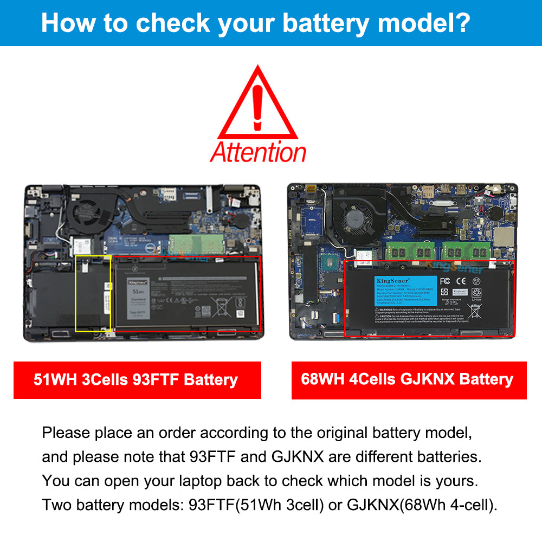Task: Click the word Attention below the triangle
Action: pos(258,152)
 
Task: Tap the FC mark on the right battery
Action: pos(445,281)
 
